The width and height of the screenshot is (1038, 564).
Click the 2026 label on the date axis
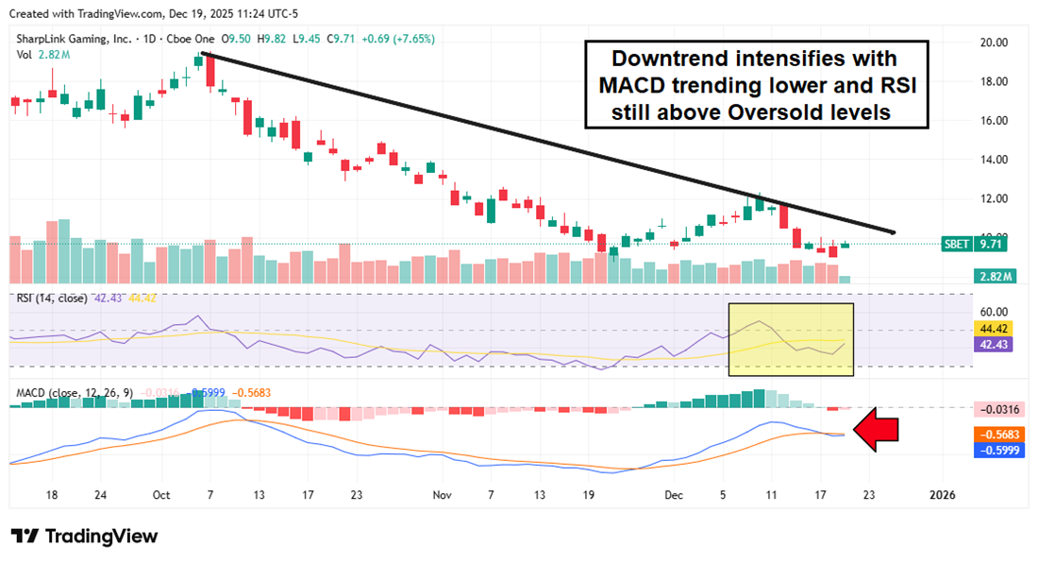[943, 495]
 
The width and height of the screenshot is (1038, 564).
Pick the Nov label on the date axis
[442, 495]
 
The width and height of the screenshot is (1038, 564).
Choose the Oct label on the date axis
[160, 495]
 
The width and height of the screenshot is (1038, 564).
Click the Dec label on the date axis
[674, 495]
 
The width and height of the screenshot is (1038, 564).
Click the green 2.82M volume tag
[993, 277]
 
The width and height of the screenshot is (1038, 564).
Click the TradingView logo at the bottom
[85, 536]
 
